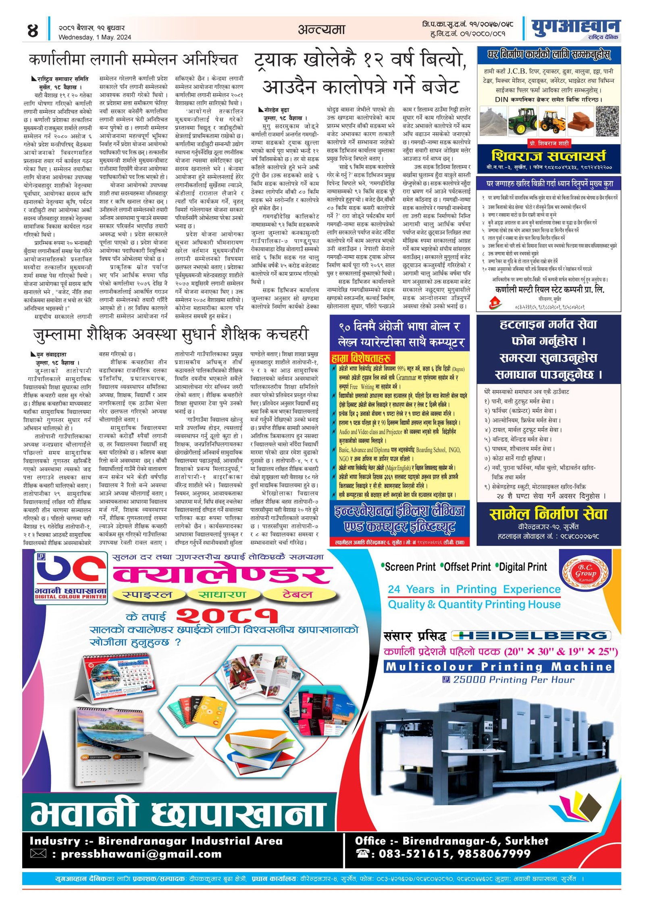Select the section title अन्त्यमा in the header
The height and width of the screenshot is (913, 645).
(322, 29)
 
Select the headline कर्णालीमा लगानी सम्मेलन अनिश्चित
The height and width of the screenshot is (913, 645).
(133, 60)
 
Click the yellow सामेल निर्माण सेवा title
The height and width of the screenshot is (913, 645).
(548, 514)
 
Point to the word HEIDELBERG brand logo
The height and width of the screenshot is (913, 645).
(531, 636)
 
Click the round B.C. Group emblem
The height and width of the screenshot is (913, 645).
(585, 573)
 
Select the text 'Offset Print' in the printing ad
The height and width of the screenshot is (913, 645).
(467, 567)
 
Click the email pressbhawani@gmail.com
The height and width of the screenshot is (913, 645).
(141, 854)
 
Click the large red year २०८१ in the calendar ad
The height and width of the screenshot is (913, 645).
(227, 616)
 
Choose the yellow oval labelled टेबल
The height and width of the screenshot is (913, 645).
(298, 594)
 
